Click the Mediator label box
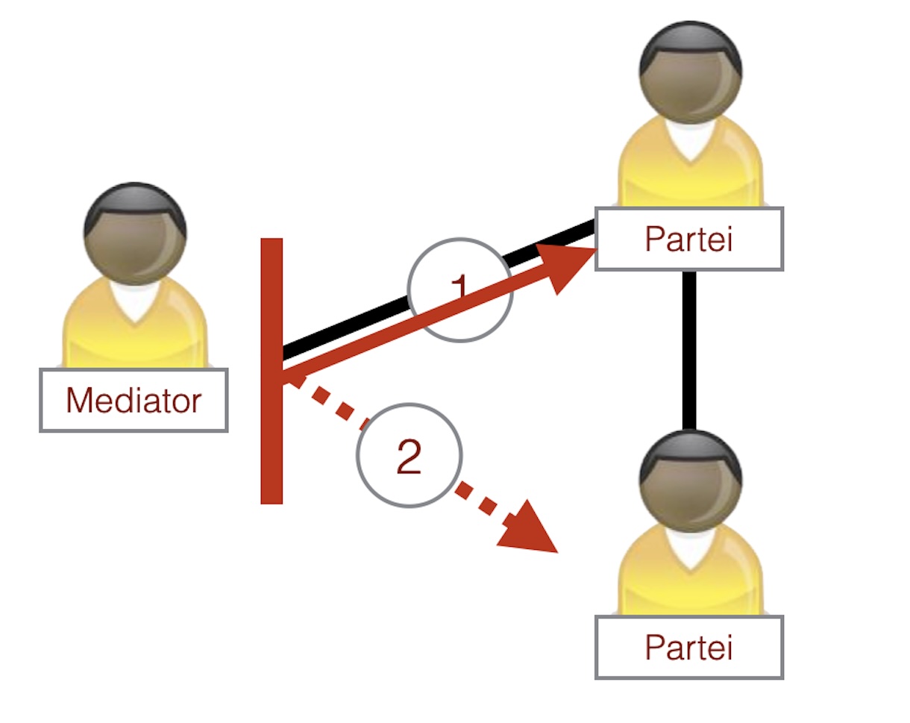click(134, 400)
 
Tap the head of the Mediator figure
click(135, 234)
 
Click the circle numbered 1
click(460, 290)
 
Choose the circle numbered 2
click(409, 455)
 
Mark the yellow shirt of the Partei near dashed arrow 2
click(649, 582)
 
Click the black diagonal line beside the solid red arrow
click(343, 325)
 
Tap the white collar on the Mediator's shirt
click(135, 302)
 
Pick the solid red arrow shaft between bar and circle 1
click(343, 343)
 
